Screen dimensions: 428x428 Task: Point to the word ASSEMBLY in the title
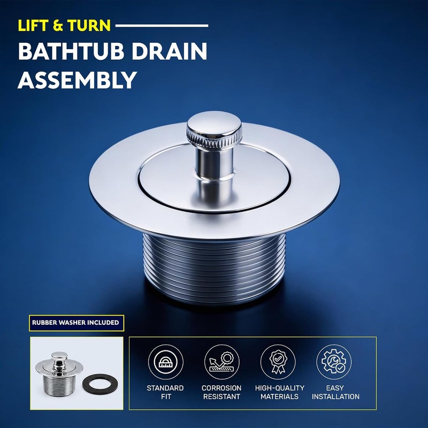(x=77, y=80)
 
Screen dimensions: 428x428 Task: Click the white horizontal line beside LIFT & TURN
(x=162, y=26)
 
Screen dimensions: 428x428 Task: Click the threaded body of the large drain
(x=215, y=269)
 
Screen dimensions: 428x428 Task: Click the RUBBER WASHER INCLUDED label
(x=77, y=323)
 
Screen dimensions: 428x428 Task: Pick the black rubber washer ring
(x=101, y=384)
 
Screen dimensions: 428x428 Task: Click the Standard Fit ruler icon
(x=166, y=362)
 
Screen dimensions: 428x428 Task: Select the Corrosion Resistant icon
(x=222, y=362)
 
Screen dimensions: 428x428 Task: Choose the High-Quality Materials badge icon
(x=278, y=362)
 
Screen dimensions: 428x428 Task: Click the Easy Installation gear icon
(x=334, y=362)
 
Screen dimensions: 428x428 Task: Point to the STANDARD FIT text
(x=165, y=392)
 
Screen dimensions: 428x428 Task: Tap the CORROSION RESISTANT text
(x=221, y=392)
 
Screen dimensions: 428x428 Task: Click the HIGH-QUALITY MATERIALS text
(x=280, y=392)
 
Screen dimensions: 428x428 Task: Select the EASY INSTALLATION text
(x=335, y=392)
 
